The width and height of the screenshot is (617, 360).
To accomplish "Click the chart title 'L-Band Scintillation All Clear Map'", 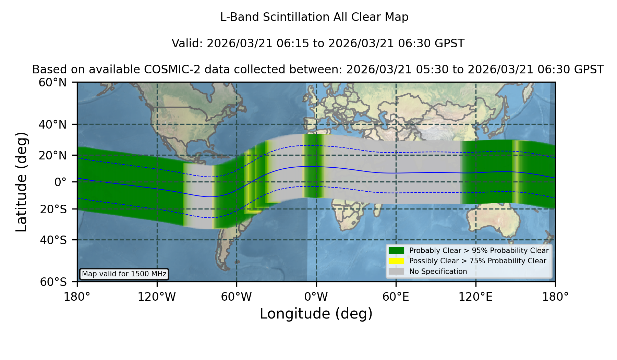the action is (314, 17).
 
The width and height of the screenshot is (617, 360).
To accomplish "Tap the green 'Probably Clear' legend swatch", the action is (396, 250).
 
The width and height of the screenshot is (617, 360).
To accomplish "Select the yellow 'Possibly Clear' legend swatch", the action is (396, 261).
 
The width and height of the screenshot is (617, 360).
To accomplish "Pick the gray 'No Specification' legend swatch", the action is (396, 271).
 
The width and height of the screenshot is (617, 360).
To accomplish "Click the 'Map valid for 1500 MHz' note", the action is (124, 274).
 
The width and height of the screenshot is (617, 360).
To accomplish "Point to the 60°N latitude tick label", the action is (52, 83).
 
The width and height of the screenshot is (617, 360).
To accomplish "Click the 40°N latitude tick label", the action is (52, 124).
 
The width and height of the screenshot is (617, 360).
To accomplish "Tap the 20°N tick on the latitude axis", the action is (52, 155).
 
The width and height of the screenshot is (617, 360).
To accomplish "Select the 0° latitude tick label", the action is (60, 182).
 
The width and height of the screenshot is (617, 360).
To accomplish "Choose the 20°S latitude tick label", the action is (53, 209).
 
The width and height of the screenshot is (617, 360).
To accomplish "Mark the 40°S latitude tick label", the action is (53, 240).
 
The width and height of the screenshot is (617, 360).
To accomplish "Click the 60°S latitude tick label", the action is (53, 282).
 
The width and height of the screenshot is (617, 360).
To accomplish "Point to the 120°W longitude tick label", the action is (157, 297).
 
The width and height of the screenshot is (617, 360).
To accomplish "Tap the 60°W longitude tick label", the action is (237, 297).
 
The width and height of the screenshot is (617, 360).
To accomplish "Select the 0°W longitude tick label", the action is (316, 297).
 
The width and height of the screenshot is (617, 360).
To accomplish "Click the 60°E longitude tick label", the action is (396, 297).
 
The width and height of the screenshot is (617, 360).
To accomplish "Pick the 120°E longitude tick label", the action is (475, 297).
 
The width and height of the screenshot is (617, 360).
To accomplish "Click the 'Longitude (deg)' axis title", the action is (316, 314).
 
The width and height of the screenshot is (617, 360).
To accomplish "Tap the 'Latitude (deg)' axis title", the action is (21, 182).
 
